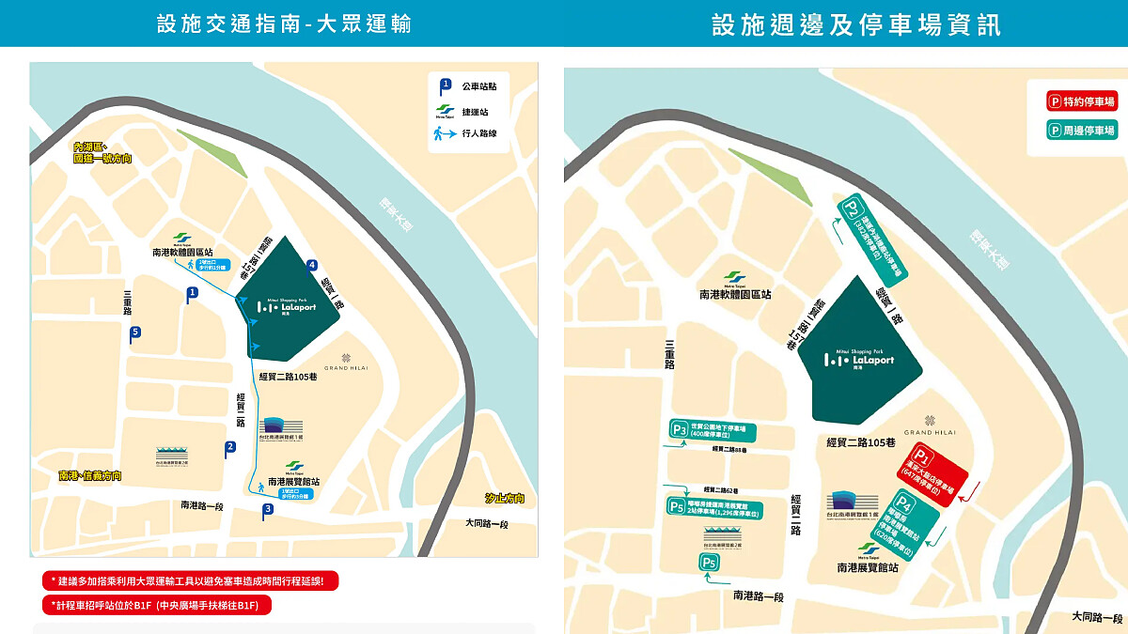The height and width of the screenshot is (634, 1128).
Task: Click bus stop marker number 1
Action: [x=193, y=294]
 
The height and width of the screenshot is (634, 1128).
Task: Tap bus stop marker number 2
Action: [x=229, y=449]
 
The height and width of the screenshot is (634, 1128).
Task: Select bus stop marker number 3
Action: [x=268, y=510]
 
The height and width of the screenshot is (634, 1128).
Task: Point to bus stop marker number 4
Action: [x=311, y=265]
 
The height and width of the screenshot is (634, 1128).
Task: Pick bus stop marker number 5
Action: [x=136, y=332]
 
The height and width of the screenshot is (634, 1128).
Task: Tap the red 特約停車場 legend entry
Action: [x=1082, y=101]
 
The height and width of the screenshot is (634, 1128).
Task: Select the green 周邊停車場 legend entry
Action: [x=1082, y=131]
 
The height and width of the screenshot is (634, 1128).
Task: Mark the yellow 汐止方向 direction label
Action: [x=505, y=499]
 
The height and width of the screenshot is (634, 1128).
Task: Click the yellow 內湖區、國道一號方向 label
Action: [x=102, y=153]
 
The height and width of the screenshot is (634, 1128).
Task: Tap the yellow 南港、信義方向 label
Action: [x=89, y=476]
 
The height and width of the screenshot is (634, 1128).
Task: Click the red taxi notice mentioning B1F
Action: [x=156, y=606]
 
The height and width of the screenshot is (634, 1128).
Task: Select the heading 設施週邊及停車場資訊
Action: [x=856, y=24]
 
